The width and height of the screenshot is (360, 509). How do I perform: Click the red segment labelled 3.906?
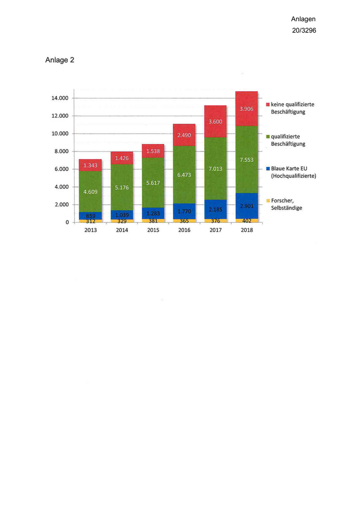point(246,108)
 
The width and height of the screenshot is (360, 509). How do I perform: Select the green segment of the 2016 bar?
point(184,175)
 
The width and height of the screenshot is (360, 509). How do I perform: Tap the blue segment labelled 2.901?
point(246,206)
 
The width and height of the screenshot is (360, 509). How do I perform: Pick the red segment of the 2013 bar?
point(90,165)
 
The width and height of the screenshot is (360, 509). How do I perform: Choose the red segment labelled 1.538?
point(153,151)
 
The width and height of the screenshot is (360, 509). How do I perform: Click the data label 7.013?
point(215,169)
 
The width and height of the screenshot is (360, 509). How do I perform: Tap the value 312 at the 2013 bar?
point(90,221)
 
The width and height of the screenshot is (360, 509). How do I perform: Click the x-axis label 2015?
point(153,230)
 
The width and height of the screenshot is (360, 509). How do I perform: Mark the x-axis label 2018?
point(246,230)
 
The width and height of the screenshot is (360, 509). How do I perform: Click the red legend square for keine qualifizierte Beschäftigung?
point(267,104)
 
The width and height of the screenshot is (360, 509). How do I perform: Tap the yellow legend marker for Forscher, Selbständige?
point(267,200)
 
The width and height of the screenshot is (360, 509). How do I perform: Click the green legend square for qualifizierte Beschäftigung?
point(267,137)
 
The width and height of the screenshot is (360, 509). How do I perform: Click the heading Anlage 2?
point(60,60)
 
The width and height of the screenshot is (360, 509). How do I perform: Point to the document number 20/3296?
point(303,30)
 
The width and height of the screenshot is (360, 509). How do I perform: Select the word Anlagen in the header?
point(303,19)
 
